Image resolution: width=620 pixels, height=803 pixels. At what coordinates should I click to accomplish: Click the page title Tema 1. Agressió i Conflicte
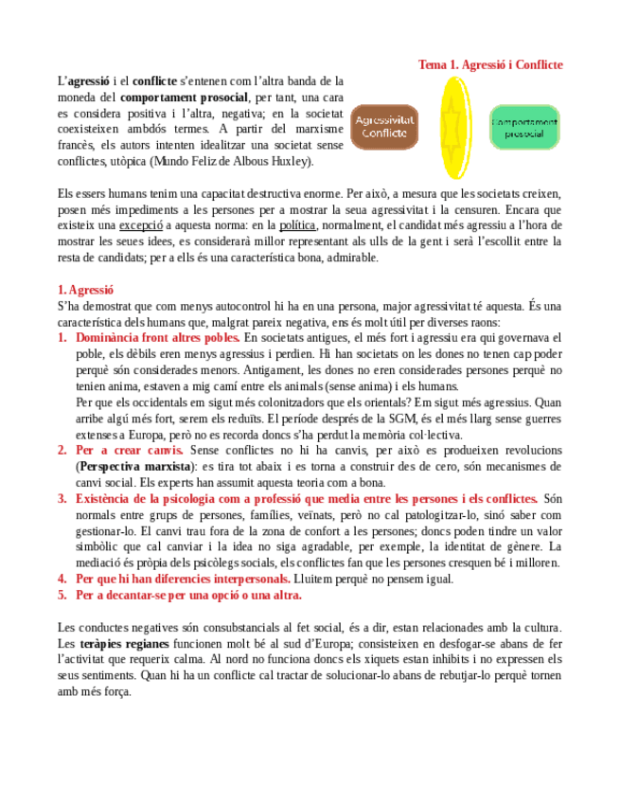(x=490, y=64)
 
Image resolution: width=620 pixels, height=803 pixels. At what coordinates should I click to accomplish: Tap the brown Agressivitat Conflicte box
(x=383, y=127)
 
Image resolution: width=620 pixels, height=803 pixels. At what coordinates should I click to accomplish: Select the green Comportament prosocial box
(x=523, y=127)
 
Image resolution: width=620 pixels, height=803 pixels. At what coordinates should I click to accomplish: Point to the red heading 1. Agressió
(x=86, y=290)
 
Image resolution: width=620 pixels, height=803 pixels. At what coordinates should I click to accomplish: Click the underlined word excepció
(x=141, y=225)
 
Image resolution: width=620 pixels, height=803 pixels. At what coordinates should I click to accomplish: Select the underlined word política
(x=298, y=225)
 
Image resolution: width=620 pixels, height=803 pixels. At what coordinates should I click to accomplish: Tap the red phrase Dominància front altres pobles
(x=157, y=338)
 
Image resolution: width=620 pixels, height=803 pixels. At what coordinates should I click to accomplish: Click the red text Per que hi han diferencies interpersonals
(x=183, y=579)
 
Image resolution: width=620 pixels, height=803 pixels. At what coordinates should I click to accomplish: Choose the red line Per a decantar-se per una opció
(x=188, y=595)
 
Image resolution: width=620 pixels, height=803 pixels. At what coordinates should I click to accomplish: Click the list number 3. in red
(x=62, y=498)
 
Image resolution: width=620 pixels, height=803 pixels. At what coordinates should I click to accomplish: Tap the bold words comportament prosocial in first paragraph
(x=185, y=97)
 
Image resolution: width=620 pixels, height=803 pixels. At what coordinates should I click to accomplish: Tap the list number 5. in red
(x=62, y=595)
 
